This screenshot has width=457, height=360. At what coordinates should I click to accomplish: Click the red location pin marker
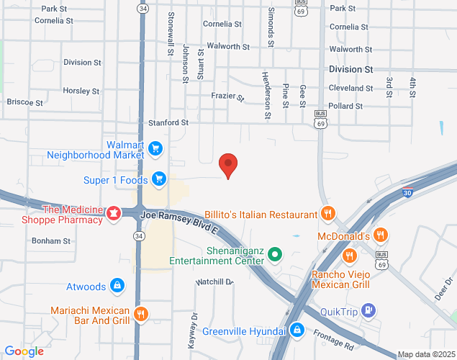228,165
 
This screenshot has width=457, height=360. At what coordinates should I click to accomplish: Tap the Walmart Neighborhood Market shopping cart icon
156,149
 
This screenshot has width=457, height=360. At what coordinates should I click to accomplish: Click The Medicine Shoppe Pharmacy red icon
113,214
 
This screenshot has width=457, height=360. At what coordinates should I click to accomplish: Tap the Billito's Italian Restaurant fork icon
327,214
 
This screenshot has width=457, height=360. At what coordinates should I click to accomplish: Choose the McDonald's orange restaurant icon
381,235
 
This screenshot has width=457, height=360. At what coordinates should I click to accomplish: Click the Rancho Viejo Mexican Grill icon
349,256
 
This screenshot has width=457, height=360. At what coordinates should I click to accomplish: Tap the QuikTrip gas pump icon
368,310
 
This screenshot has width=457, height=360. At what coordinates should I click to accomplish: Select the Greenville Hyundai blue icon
296,330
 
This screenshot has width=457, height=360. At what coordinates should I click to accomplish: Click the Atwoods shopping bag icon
116,287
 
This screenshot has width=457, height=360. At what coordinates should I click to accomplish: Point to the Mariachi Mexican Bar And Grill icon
141,314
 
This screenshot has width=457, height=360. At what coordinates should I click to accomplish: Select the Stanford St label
168,122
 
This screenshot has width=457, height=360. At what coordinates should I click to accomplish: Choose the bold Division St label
350,70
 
